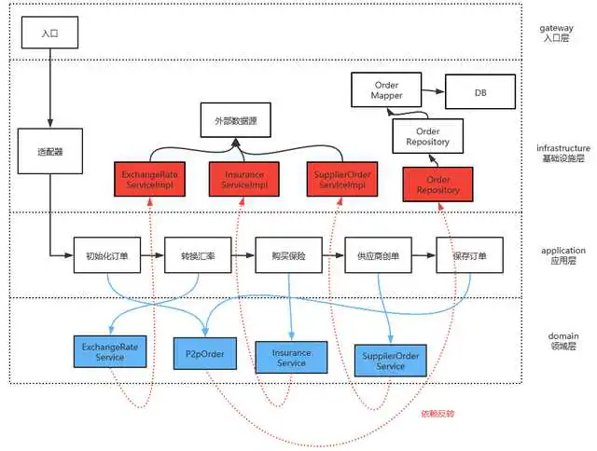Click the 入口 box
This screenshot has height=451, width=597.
click(49, 33)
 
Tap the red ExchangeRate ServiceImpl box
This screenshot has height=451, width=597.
click(148, 180)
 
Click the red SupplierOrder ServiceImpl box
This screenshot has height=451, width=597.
click(341, 180)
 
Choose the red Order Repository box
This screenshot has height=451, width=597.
click(437, 184)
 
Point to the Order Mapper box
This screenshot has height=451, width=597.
click(386, 90)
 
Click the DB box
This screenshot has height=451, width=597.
click(479, 92)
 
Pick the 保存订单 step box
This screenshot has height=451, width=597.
click(468, 254)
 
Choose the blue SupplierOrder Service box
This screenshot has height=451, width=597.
click(390, 361)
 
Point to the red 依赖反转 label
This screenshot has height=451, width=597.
click(438, 413)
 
